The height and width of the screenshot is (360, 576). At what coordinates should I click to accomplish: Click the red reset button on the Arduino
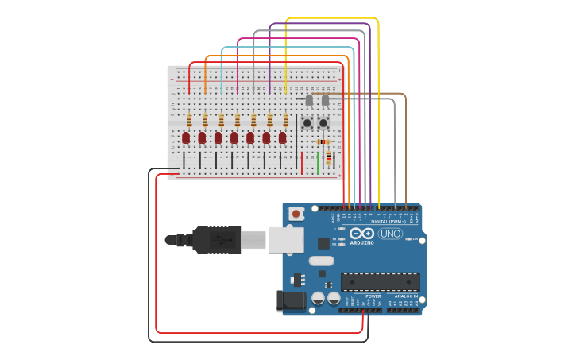click(x=296, y=213)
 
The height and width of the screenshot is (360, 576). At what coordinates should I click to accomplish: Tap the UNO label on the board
click(x=390, y=234)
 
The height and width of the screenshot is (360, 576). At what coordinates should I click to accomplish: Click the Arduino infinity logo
click(x=362, y=234)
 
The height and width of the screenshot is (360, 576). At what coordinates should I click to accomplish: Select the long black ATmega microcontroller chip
click(x=380, y=281)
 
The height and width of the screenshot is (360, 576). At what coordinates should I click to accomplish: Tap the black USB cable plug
click(x=216, y=239)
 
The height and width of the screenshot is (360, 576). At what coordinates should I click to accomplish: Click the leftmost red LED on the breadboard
click(x=186, y=137)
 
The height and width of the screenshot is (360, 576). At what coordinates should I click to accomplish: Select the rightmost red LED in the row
click(x=282, y=137)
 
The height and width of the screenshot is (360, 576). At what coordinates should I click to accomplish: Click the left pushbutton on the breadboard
click(x=307, y=122)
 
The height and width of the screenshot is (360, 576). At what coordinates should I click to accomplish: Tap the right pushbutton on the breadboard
click(x=323, y=122)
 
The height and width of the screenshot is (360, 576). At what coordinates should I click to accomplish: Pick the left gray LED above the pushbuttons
click(x=309, y=100)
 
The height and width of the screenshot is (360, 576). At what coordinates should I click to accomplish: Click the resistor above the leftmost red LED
click(x=189, y=120)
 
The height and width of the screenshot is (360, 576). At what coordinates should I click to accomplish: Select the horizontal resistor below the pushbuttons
click(x=323, y=142)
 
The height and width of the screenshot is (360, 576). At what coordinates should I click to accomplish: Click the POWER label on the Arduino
click(x=373, y=296)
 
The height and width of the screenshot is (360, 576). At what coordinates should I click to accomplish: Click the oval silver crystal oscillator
click(x=322, y=261)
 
